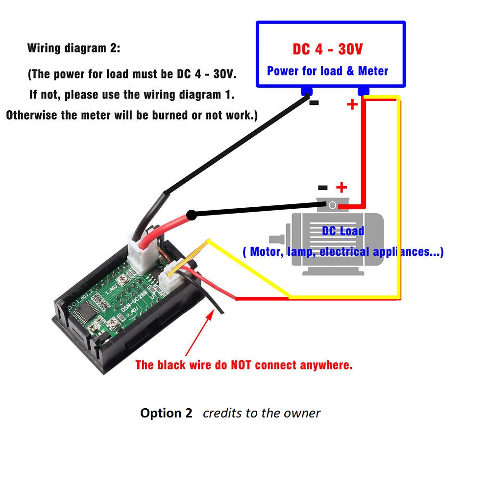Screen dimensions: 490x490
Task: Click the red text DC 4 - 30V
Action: tap(328, 49)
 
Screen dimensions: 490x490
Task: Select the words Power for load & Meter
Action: tap(327, 71)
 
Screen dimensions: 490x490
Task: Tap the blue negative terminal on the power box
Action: tap(307, 91)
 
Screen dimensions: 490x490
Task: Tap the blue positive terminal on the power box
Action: tap(363, 91)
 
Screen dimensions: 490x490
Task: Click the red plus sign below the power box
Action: tap(352, 104)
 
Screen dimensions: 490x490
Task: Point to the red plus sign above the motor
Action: tap(342, 187)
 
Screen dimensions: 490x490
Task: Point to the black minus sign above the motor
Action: tap(323, 187)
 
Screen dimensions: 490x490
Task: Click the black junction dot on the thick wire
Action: tap(192, 215)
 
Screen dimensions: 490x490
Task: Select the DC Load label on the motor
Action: tap(343, 231)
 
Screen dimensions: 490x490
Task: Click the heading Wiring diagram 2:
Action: tap(73, 49)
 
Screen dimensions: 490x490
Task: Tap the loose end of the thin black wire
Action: tap(222, 312)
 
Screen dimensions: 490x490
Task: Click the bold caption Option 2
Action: tap(166, 413)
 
